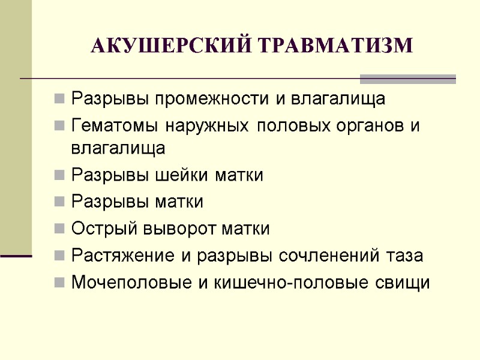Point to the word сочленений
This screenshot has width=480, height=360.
coord(331,256)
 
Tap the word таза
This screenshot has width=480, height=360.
coord(405,256)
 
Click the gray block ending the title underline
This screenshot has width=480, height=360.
coord(407,79)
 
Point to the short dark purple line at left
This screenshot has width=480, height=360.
coord(16,256)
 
